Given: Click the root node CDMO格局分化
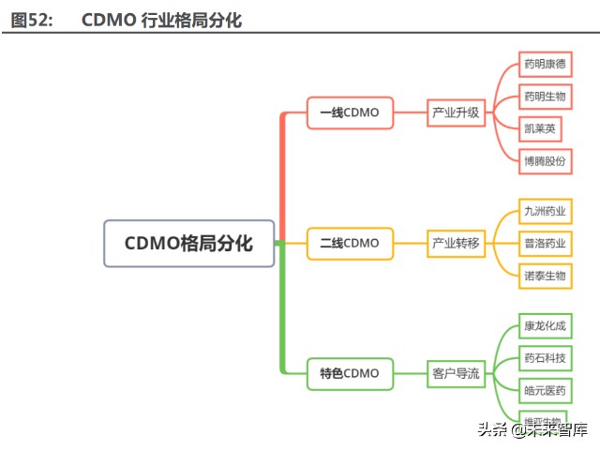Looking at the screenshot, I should (x=189, y=244).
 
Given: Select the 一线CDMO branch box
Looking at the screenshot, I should (x=350, y=112).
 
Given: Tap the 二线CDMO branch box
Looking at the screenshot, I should (x=350, y=243).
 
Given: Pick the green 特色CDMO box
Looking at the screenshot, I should (x=350, y=373).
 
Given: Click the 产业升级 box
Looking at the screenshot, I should (x=456, y=112).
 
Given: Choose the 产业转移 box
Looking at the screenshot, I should (x=456, y=243).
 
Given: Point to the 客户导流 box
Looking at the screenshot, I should (x=456, y=373).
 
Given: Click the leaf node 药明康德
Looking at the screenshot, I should (x=545, y=65).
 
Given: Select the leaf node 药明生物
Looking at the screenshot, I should (x=545, y=97).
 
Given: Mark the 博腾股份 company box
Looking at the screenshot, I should (x=545, y=160).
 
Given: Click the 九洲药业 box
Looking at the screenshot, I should (x=545, y=211).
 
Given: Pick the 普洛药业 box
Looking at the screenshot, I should (x=545, y=243).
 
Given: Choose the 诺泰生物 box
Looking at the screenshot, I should (x=545, y=275).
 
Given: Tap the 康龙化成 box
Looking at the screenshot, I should (x=545, y=326).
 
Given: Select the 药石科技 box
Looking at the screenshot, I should (x=545, y=358).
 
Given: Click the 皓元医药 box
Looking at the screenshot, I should (x=545, y=390).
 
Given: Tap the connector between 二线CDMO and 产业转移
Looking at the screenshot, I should (x=410, y=243).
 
